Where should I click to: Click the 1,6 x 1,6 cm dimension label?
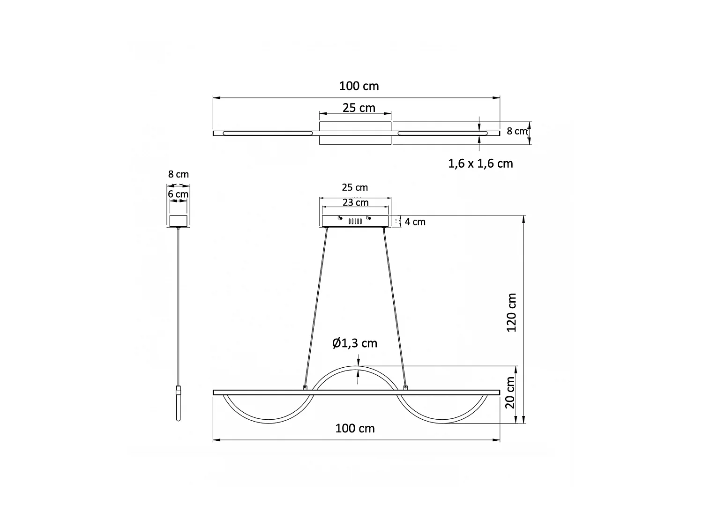tap(480, 163)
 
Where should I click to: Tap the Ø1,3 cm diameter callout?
tap(354, 343)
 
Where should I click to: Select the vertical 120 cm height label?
tap(512, 312)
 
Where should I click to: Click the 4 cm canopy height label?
tap(415, 222)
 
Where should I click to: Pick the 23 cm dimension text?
tap(355, 202)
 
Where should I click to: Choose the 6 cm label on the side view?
tap(178, 194)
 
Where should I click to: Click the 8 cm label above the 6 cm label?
tap(178, 174)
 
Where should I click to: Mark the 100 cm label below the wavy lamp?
tap(355, 428)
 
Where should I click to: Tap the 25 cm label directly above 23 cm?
tap(355, 187)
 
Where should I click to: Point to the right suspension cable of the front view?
tap(395, 307)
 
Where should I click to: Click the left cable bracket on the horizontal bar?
tap(306, 387)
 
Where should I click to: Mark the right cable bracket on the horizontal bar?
tap(405, 387)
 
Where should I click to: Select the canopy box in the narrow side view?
tap(178, 221)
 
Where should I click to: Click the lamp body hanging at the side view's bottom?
tap(178, 403)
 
